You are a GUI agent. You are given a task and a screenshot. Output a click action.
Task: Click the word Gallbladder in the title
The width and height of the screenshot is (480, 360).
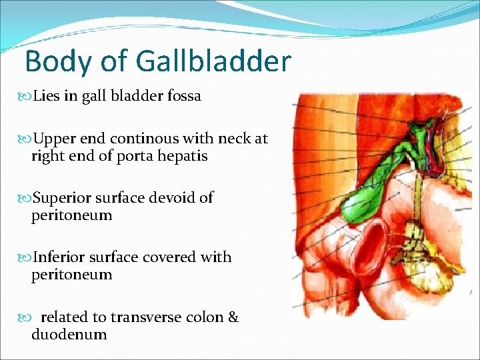pyautogui.click(x=213, y=61)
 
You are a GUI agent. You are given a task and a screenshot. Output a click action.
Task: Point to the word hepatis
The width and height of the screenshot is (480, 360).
pyautogui.click(x=183, y=157)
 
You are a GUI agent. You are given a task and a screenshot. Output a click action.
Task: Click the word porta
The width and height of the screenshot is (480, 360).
pyautogui.click(x=137, y=157)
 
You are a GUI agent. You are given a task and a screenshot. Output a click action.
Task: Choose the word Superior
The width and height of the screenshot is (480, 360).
pyautogui.click(x=63, y=198)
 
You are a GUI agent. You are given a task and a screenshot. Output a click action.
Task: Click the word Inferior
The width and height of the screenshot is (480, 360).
pyautogui.click(x=61, y=257)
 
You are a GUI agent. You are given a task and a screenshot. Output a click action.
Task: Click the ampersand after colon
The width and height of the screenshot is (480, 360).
pyautogui.click(x=233, y=317)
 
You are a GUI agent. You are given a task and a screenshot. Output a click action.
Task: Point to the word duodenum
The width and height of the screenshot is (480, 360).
pyautogui.click(x=69, y=335)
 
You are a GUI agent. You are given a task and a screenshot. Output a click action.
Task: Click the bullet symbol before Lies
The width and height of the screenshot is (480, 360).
pyautogui.click(x=27, y=97)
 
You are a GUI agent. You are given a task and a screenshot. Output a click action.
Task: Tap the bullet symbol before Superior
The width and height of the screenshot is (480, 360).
pyautogui.click(x=27, y=199)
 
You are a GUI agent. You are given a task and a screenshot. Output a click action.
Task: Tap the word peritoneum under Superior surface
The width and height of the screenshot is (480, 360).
pyautogui.click(x=71, y=216)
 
